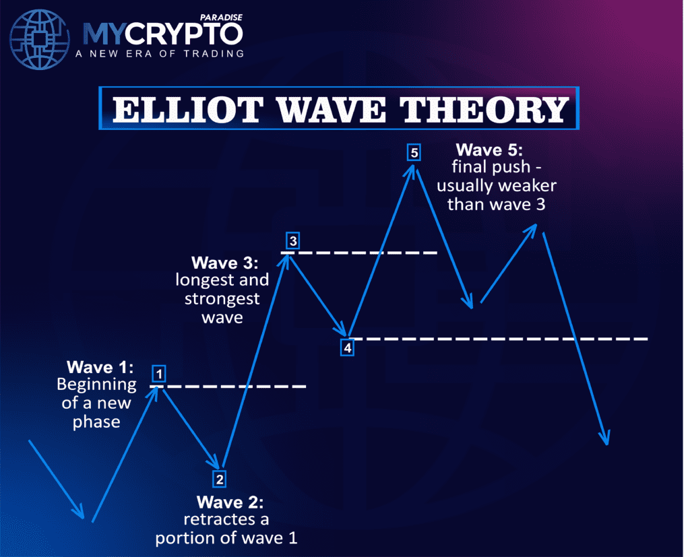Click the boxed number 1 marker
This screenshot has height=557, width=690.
point(158,373)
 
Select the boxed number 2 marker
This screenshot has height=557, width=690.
point(220,480)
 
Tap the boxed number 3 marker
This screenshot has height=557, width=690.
point(292,240)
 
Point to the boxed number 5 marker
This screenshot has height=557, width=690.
point(414,153)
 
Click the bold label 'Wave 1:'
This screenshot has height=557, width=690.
point(100,367)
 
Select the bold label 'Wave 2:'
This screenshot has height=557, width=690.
point(230,502)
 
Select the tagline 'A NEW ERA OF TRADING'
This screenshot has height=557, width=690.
point(164,53)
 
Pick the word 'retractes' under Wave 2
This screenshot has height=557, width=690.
point(226,521)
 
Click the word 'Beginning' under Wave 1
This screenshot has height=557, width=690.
point(96,385)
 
